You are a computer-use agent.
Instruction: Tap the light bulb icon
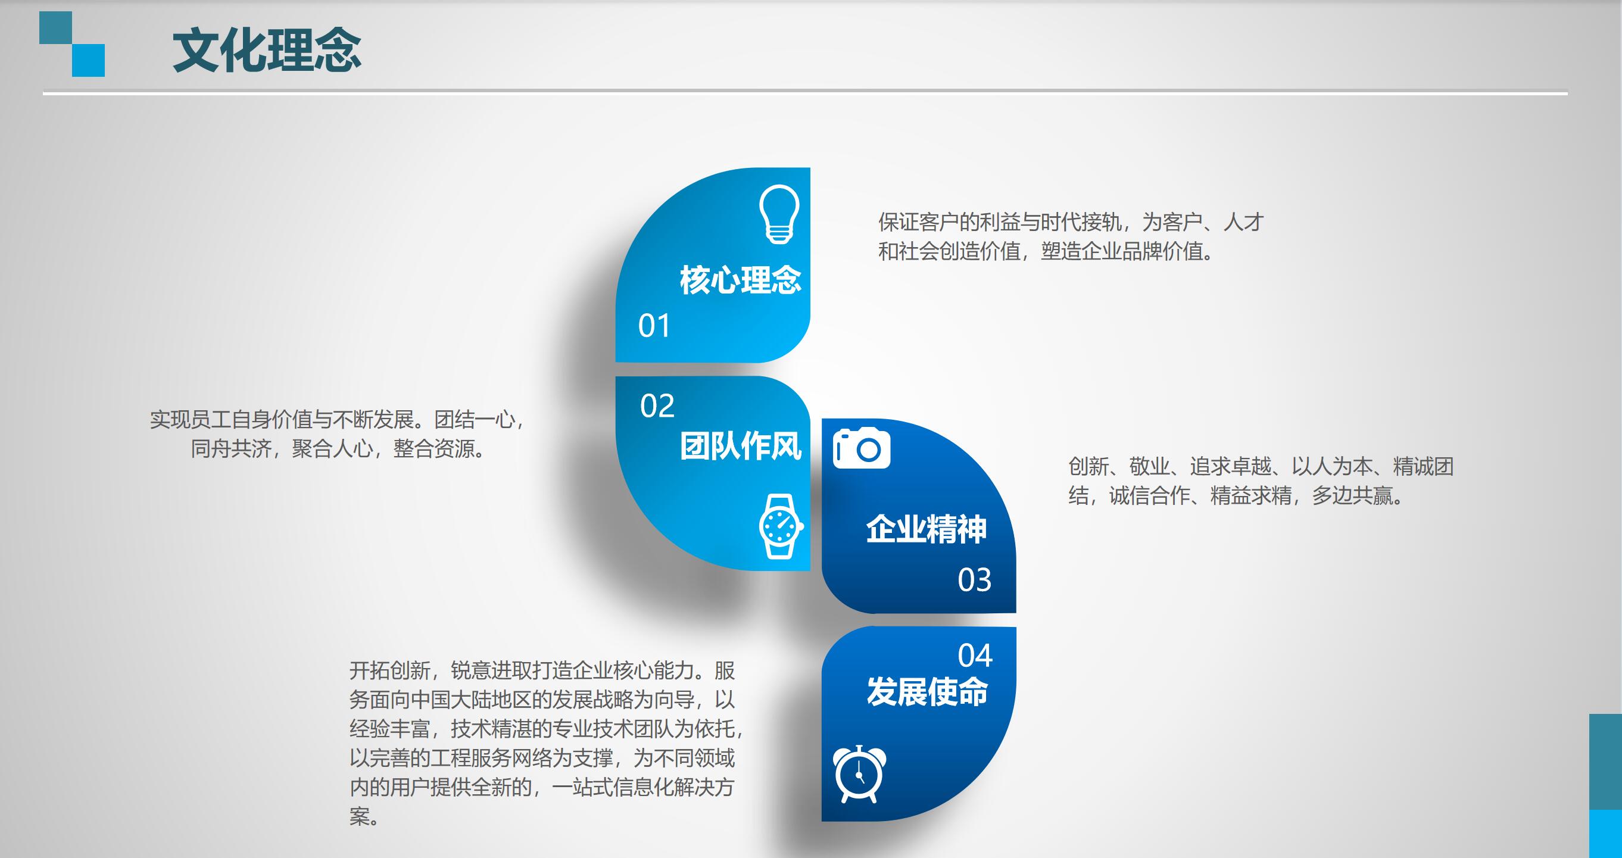[779, 214]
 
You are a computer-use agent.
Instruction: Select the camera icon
[862, 448]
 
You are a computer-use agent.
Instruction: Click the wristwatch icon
[781, 526]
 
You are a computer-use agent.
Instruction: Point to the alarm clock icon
[859, 774]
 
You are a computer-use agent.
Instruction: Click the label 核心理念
[741, 280]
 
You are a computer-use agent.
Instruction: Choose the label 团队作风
[741, 447]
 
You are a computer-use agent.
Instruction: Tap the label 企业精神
[927, 529]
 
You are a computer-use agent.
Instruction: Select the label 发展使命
[927, 692]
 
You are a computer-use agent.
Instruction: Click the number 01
[654, 326]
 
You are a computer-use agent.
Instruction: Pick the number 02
[657, 406]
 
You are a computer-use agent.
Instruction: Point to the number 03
[975, 580]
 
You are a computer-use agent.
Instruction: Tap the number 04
[975, 656]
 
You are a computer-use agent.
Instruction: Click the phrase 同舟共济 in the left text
[231, 449]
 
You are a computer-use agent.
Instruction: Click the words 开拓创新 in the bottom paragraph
[390, 670]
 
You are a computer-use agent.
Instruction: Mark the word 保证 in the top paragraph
[899, 222]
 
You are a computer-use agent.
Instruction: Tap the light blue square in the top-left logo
[88, 60]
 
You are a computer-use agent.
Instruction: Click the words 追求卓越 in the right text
[1230, 466]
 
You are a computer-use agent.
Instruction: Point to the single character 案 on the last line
[360, 816]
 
